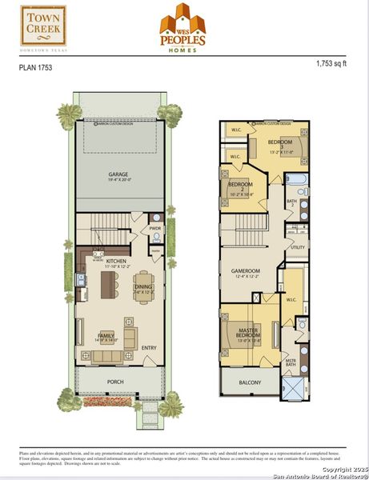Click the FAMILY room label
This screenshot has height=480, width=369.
(x=105, y=337)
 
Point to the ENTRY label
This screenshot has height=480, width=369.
(x=149, y=347)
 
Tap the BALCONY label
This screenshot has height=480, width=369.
(x=251, y=382)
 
